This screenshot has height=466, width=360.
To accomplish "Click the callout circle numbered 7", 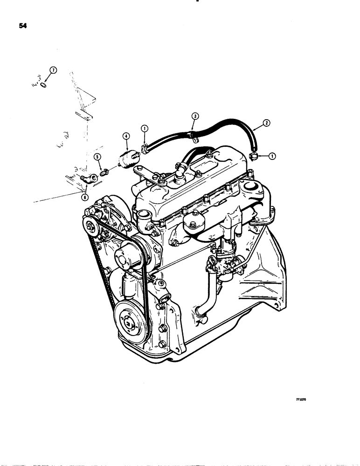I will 53,70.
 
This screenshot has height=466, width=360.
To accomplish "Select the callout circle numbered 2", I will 265,123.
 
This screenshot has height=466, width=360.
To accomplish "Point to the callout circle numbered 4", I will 125,137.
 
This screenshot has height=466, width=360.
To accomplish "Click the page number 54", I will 22,27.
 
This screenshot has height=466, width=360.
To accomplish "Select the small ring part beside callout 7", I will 43,85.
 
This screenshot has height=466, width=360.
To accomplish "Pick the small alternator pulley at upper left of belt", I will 90,227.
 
